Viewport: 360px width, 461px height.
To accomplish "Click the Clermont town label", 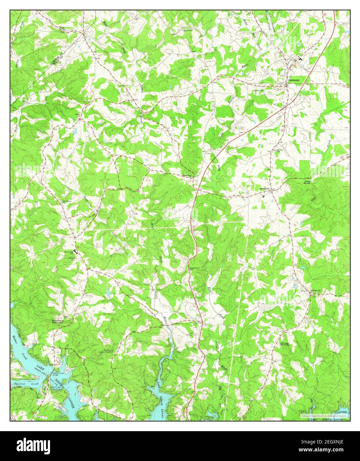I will point(294,80).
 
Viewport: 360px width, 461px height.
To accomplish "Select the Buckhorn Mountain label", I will point(57,322).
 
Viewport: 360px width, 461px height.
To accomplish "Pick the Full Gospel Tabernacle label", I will point(285,344).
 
